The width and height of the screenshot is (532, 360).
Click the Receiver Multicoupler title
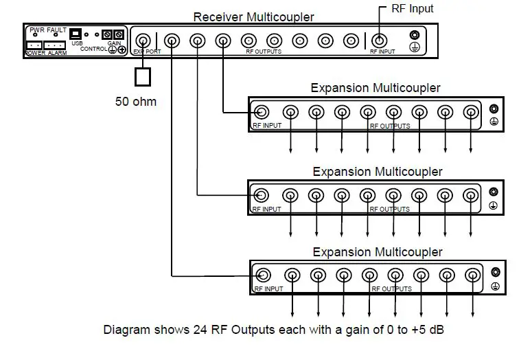pyautogui.click(x=253, y=17)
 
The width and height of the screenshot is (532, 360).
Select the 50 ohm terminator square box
pyautogui.click(x=142, y=76)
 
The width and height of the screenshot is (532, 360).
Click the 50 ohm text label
pyautogui.click(x=135, y=102)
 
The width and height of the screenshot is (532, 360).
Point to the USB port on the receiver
pyautogui.click(x=76, y=34)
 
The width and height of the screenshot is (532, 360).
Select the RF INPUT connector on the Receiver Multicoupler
pyautogui.click(x=378, y=41)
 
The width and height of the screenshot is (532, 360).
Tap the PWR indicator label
pyautogui.click(x=36, y=30)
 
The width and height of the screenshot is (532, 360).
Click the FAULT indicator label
pyautogui.click(x=57, y=30)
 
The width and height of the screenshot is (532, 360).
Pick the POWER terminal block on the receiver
pyautogui.click(x=34, y=45)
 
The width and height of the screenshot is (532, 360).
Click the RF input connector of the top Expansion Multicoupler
pyautogui.click(x=262, y=112)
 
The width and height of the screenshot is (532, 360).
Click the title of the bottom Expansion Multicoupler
pyautogui.click(x=378, y=252)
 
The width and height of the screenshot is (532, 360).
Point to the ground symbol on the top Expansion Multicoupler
pyautogui.click(x=493, y=122)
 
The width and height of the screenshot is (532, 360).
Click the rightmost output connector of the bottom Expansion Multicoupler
pyautogui.click(x=472, y=275)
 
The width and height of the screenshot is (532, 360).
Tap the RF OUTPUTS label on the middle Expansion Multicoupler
pyautogui.click(x=390, y=209)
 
